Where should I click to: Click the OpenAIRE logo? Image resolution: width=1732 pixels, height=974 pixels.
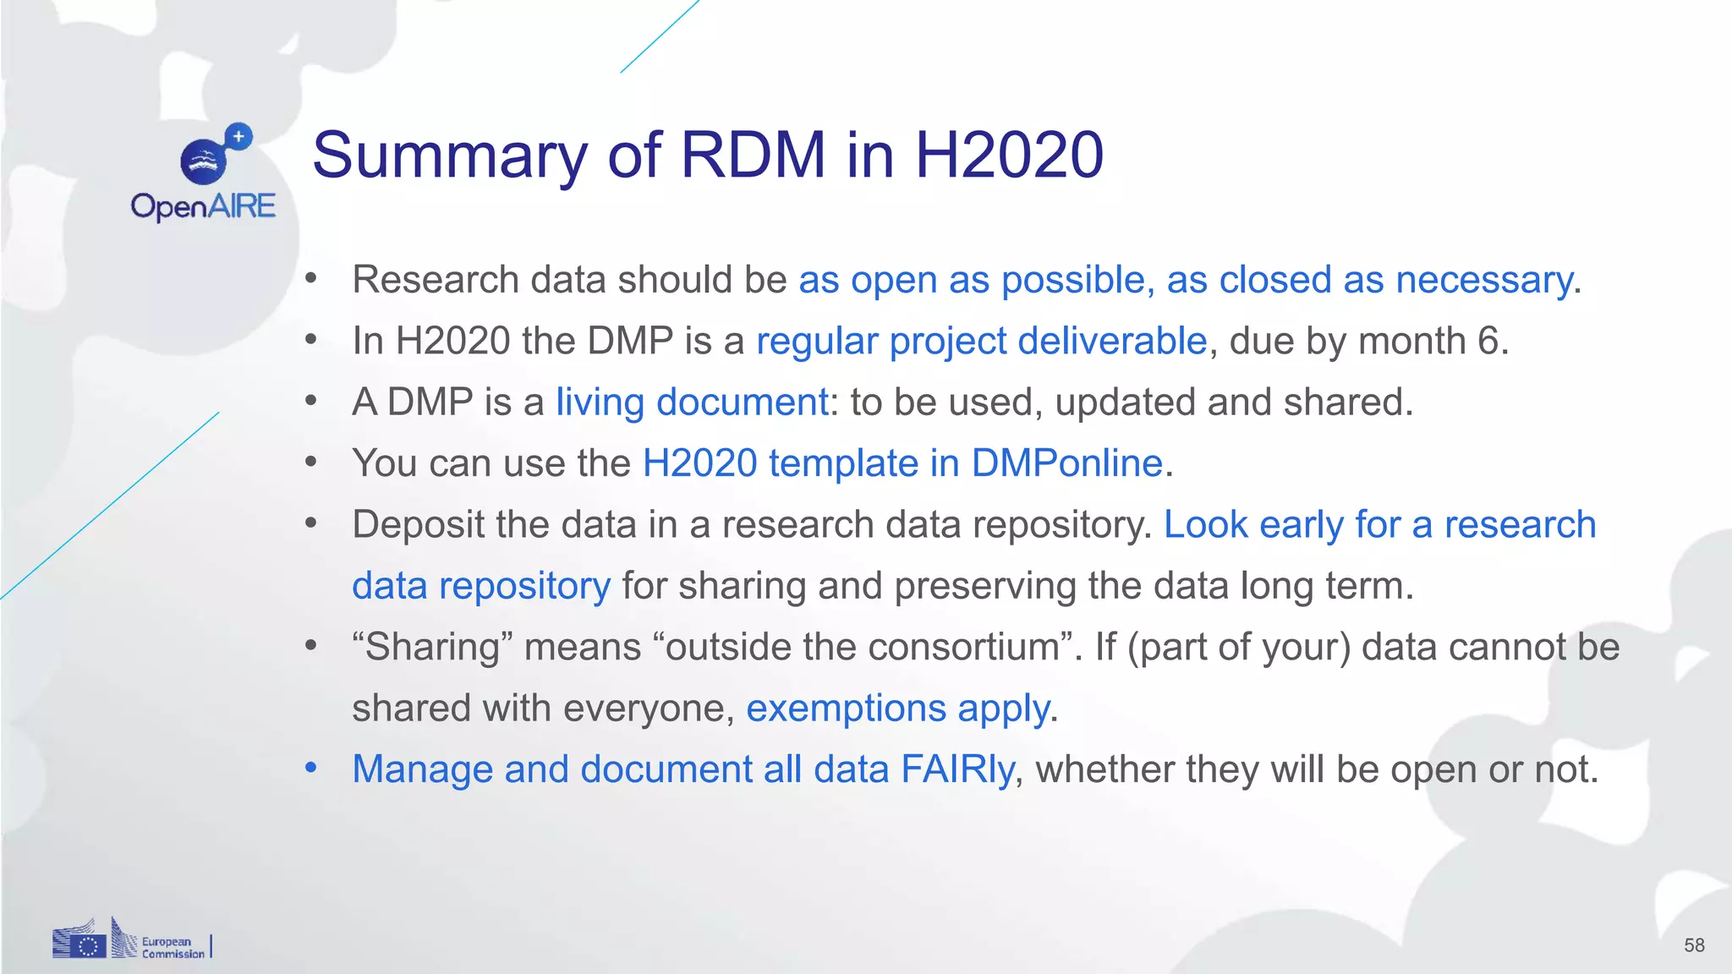(203, 173)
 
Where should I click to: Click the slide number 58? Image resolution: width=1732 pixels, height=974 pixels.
(1694, 945)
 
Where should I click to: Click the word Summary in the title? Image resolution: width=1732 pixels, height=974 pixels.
(449, 156)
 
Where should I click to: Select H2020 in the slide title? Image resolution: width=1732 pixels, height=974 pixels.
(1009, 156)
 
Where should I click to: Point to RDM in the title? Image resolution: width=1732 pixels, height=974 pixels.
(753, 156)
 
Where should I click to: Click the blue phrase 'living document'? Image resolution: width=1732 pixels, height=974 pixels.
(691, 402)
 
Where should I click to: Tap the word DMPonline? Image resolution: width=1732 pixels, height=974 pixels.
(1066, 463)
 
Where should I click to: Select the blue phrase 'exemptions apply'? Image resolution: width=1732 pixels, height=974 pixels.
(898, 709)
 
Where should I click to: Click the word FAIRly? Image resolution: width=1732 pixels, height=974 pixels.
(957, 769)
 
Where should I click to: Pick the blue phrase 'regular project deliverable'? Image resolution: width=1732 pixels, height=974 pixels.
(981, 341)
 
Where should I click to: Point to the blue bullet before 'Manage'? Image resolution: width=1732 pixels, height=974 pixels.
(311, 768)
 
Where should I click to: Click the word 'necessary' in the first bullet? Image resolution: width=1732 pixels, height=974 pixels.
(1484, 280)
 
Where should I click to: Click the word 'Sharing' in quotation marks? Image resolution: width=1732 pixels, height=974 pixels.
(433, 648)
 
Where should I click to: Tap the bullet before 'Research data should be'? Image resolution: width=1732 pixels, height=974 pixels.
(311, 278)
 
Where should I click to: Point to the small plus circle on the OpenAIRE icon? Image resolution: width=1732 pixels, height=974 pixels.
(239, 135)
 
